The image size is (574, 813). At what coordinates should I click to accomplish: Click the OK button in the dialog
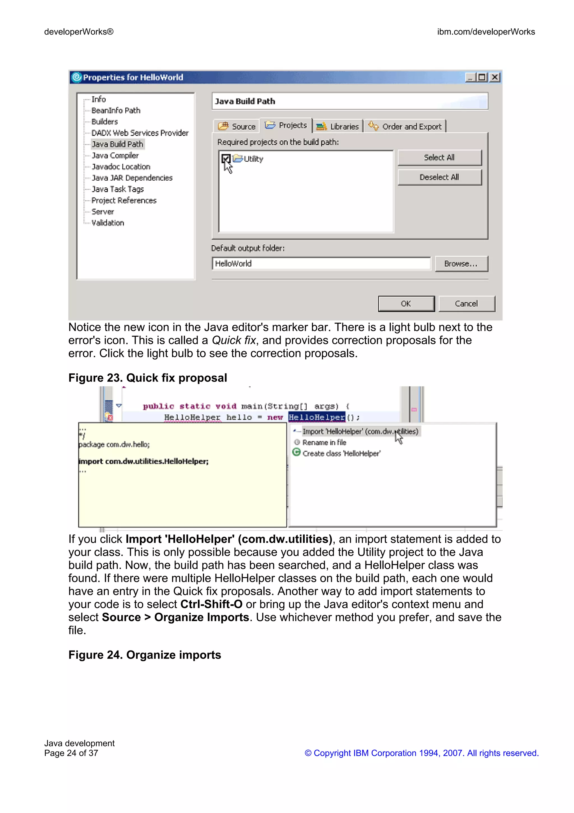[406, 304]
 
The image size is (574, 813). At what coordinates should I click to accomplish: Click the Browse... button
[461, 264]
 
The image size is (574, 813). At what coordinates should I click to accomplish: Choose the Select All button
[439, 158]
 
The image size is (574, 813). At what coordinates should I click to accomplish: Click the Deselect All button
[439, 177]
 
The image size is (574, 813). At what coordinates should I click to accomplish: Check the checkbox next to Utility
[226, 159]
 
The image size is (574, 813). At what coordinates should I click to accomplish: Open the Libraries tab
[338, 127]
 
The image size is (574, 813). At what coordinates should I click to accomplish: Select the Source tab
[237, 127]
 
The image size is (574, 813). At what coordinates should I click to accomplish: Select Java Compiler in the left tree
[115, 155]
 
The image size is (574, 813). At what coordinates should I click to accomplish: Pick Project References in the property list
[124, 200]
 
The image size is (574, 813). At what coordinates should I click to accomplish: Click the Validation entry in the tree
[108, 223]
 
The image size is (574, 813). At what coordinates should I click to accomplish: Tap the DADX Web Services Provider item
[140, 133]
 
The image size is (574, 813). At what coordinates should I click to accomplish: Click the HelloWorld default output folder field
[321, 264]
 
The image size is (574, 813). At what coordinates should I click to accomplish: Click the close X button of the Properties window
[495, 77]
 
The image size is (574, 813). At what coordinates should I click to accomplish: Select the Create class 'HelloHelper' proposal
[341, 454]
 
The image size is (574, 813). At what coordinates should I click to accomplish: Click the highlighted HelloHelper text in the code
[316, 417]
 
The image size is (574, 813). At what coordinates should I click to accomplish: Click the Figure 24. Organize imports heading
[145, 655]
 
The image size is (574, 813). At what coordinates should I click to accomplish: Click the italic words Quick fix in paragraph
[233, 340]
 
